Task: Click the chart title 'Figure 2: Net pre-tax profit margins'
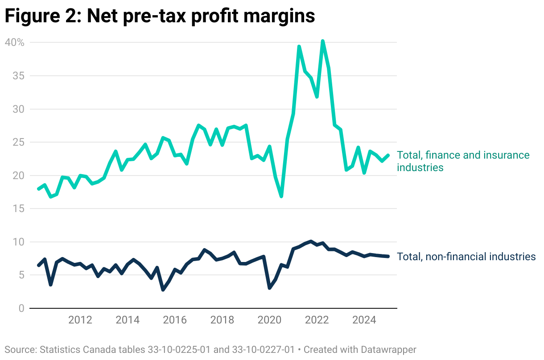click(160, 16)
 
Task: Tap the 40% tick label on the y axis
click(14, 42)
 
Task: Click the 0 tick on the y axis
click(21, 308)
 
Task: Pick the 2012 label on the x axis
click(80, 320)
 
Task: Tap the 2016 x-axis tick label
click(175, 320)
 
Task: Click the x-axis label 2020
click(269, 320)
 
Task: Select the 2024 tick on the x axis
click(364, 320)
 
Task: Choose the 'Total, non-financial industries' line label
click(466, 257)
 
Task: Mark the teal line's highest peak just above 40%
click(322, 41)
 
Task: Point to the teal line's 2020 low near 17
click(281, 196)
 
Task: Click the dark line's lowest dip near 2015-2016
click(163, 290)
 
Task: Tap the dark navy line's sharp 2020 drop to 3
click(270, 288)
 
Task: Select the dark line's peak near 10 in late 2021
click(311, 241)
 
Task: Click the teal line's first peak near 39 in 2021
click(299, 46)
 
